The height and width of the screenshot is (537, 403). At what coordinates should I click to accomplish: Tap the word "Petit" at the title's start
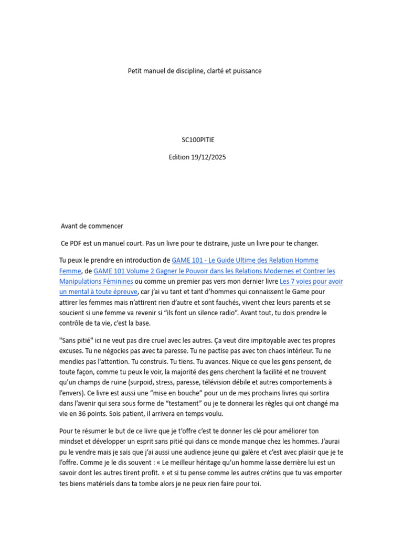coord(135,71)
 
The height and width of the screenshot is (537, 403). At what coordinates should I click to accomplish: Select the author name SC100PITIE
coord(198,140)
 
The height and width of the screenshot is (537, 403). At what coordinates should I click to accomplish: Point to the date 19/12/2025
coord(209,157)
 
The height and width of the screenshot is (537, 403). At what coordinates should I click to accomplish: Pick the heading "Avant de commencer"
coord(92,226)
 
